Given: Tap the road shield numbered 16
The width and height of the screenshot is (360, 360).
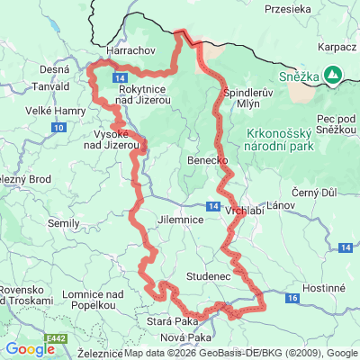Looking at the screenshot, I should [293, 295].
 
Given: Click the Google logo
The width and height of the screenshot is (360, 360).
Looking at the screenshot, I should [30, 349].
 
